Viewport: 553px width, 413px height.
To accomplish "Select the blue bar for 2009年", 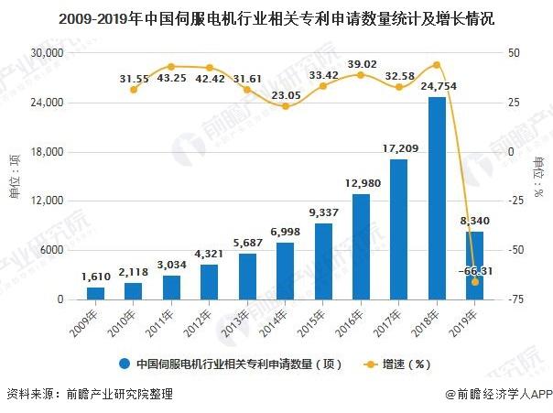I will tap(96, 293).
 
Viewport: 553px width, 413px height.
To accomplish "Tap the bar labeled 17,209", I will tap(398, 229).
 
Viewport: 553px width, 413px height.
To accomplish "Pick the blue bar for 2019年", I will tap(475, 266).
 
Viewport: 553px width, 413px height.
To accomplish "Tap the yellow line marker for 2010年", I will tap(134, 89).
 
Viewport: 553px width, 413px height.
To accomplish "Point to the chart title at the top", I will tap(276, 17).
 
